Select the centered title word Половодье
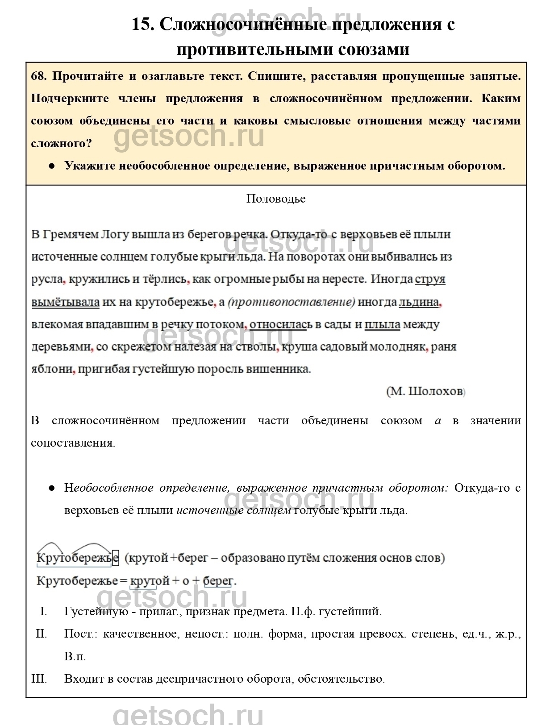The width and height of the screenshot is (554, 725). (x=276, y=199)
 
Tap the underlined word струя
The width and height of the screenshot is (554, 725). (x=430, y=280)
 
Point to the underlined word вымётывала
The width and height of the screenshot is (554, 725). (x=65, y=302)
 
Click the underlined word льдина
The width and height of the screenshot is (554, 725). (x=418, y=302)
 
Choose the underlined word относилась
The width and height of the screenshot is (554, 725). (x=278, y=325)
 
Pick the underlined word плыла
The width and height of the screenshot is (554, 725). (x=382, y=325)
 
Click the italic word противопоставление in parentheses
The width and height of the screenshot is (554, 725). (x=292, y=302)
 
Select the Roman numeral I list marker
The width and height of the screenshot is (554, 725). (x=43, y=611)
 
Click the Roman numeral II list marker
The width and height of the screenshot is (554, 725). (x=42, y=634)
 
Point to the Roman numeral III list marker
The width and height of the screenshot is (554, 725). (x=39, y=679)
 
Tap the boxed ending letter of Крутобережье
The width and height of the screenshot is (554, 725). (x=116, y=558)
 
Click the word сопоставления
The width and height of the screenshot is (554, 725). (x=73, y=443)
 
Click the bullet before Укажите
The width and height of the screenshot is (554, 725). (x=52, y=166)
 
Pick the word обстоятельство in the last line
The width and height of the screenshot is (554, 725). (x=341, y=679)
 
